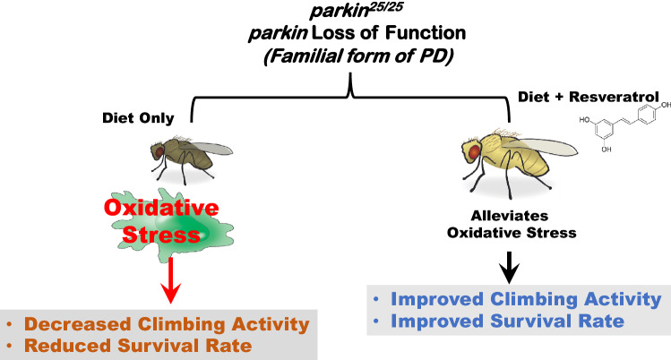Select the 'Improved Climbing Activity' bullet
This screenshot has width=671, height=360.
(x=520, y=299)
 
